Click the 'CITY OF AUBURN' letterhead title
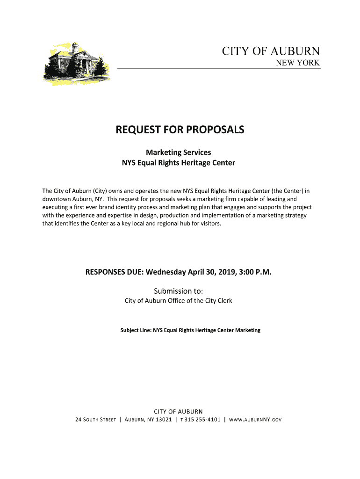271,51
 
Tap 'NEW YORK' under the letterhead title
297,63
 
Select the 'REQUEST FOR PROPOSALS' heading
180,130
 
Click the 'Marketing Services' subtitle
178,152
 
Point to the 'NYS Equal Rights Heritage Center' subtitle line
178,163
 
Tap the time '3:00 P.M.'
255,272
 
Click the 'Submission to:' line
178,290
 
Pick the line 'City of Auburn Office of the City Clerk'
178,301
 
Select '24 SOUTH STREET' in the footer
95,420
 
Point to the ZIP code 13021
163,420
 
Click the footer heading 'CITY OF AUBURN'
178,412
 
